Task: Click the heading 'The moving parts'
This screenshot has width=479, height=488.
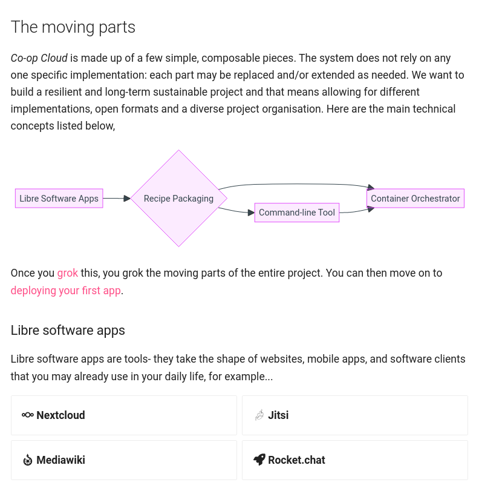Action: pos(73,27)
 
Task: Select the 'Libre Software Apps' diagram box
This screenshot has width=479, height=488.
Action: pos(59,198)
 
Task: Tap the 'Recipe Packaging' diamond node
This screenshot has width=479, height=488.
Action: pos(179,198)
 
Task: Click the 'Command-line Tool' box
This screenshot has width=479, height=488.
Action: pos(297,213)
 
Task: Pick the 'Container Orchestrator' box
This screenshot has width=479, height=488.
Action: pos(415,198)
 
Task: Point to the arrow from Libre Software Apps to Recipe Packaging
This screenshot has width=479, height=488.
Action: pos(117,198)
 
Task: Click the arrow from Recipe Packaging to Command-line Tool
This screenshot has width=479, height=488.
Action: pos(236,211)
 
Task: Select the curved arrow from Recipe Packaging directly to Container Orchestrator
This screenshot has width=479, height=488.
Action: pos(297,184)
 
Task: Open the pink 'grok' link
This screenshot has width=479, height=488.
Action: pos(68,273)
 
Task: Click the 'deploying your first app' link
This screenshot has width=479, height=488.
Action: pos(65,291)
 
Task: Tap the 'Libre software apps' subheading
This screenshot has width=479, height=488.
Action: pos(68,330)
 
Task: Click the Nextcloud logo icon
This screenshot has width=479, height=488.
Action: pos(28,415)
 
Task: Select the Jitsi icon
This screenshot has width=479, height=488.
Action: pos(259,415)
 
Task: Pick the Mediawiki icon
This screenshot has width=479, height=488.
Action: pos(28,460)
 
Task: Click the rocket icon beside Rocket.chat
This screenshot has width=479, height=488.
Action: pos(259,460)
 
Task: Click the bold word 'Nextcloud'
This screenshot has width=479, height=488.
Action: pos(60,415)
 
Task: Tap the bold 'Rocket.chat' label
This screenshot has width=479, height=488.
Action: pos(296,460)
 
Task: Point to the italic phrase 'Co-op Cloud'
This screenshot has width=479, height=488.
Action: pos(39,58)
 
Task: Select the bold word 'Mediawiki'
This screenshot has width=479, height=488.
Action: pos(60,460)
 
